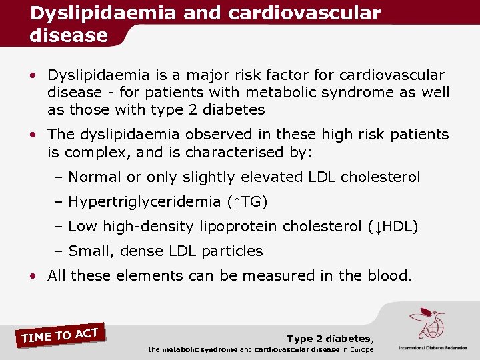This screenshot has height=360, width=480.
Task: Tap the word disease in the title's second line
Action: pos(69,35)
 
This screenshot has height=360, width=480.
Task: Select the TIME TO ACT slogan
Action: pos(60,335)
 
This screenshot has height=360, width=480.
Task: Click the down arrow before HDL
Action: pos(377,227)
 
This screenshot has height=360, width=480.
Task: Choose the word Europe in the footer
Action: pos(359,350)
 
